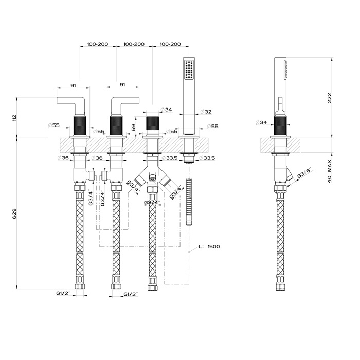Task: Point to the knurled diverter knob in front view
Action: click(152, 125)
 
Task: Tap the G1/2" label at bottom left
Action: click(64, 293)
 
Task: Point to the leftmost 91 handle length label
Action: click(74, 85)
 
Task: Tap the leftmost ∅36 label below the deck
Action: click(63, 157)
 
